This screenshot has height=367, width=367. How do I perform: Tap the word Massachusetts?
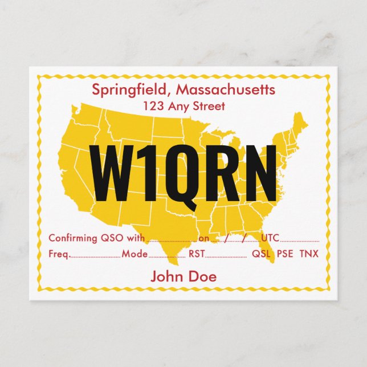tap(226, 89)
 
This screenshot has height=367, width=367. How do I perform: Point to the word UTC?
tap(270, 238)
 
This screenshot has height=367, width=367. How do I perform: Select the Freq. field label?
tap(59, 254)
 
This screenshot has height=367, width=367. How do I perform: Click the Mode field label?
tap(134, 254)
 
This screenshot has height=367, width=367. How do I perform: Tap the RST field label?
tap(197, 254)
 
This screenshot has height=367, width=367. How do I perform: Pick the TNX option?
tap(309, 254)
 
